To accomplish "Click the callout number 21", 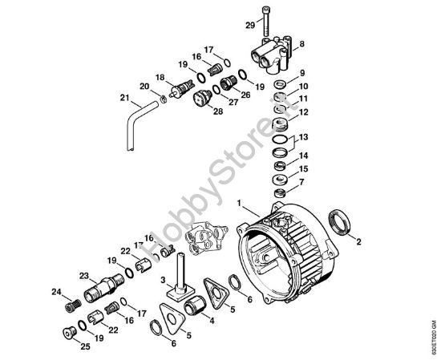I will (124, 99).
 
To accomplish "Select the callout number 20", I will (144, 86).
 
